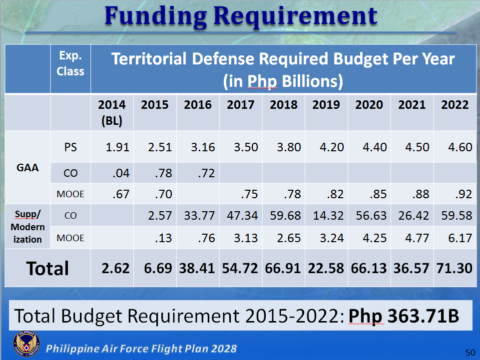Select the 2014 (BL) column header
click(x=112, y=112)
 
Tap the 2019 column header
click(x=326, y=105)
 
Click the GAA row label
click(x=27, y=168)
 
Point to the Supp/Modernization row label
click(x=27, y=227)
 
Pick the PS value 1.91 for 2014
click(x=117, y=147)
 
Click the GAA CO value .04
click(x=120, y=174)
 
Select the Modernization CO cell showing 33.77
click(x=198, y=216)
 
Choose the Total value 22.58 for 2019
click(x=326, y=268)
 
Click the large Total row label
click(x=47, y=269)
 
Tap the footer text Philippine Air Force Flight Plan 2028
click(x=141, y=349)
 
